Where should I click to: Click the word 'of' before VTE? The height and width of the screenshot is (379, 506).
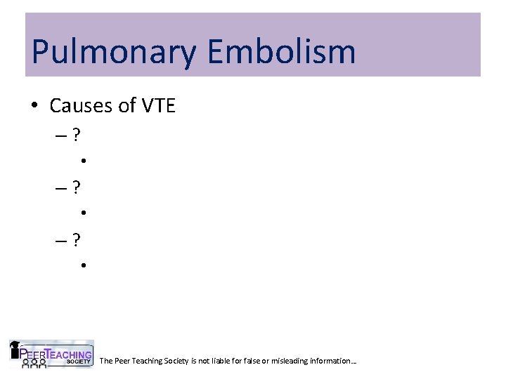tap(127, 106)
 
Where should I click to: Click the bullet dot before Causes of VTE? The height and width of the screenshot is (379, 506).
tap(34, 107)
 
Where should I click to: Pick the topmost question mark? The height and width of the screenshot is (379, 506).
tap(76, 133)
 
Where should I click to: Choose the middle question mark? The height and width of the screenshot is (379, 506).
tap(76, 187)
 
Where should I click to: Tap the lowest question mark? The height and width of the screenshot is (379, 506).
tap(76, 241)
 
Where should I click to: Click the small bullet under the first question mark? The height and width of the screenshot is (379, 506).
tap(83, 160)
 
